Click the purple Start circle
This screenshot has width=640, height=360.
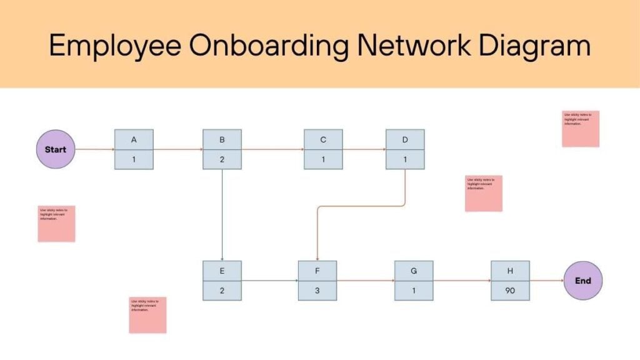pos(56,149)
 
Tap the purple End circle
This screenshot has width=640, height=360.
pos(582,281)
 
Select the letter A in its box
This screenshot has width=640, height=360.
pos(134,140)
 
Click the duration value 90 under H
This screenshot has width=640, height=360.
pos(510,291)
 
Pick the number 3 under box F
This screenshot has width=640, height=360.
pos(317,291)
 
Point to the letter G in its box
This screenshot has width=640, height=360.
pos(414,271)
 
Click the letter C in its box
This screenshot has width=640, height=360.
pos(323,140)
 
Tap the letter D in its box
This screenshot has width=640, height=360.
pos(405,140)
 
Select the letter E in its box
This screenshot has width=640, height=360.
pos(222,271)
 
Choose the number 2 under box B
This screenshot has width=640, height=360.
pos(222,159)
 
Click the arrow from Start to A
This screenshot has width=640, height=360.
pos(94,150)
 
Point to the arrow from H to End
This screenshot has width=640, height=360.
pos(546,281)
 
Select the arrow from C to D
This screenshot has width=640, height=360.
pos(364,150)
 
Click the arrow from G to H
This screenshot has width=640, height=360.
pos(462,281)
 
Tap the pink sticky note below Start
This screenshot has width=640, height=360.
pos(56,223)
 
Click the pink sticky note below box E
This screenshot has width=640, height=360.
pos(147,314)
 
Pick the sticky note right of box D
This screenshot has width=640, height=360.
pos(483,193)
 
